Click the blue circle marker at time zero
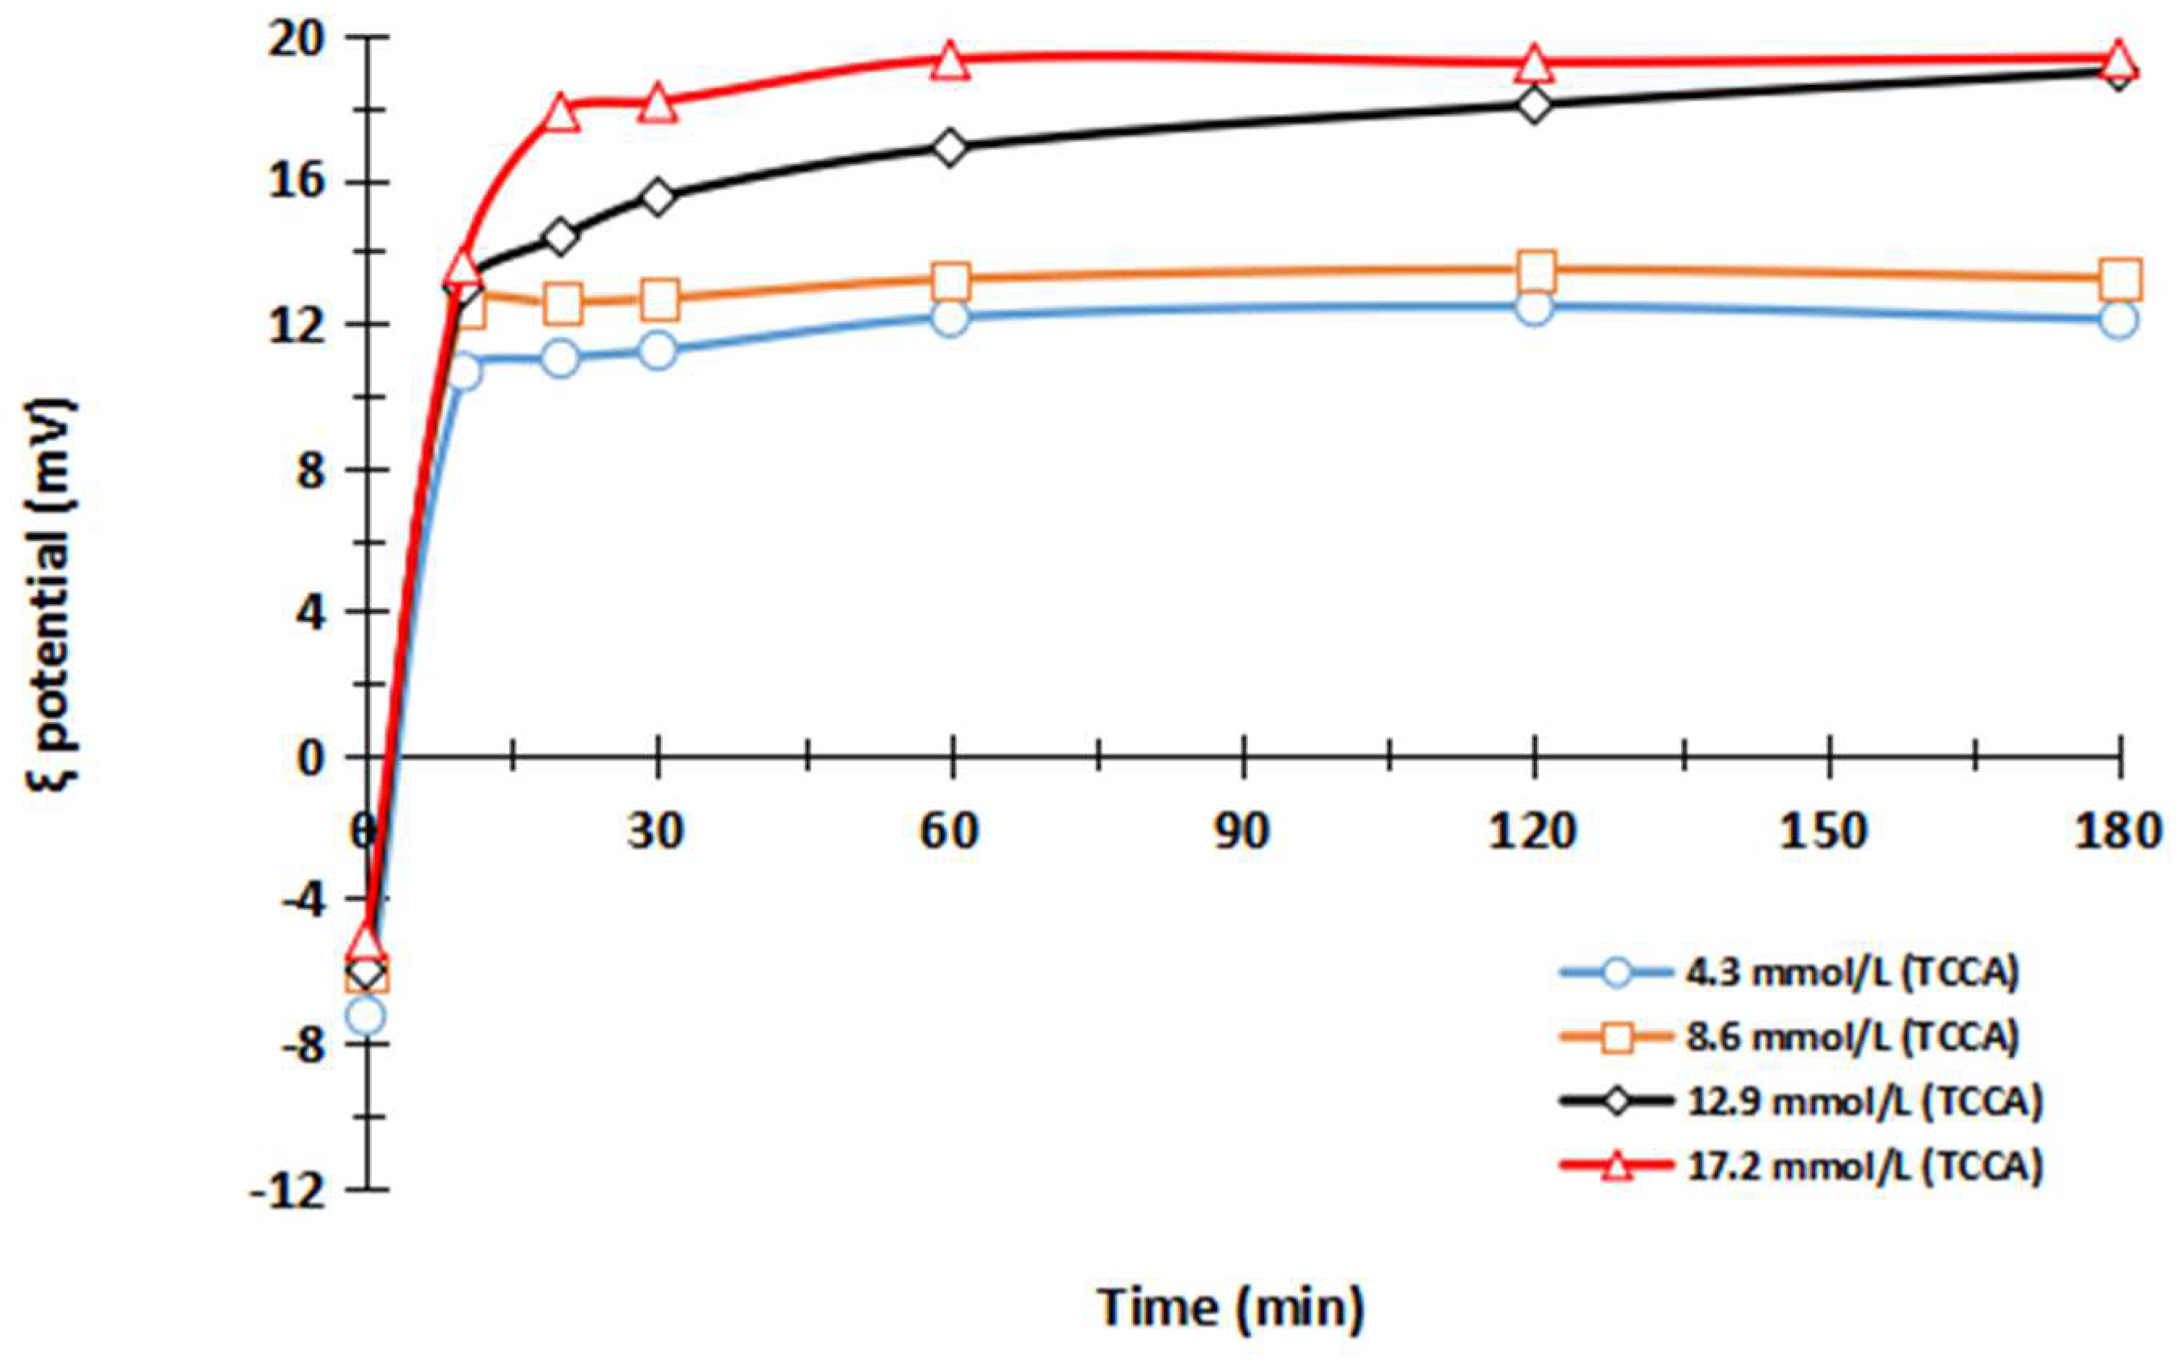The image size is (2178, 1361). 366,1017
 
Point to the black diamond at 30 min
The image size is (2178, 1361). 659,197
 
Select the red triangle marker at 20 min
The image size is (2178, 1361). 561,113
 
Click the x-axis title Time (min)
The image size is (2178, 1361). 1231,1306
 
